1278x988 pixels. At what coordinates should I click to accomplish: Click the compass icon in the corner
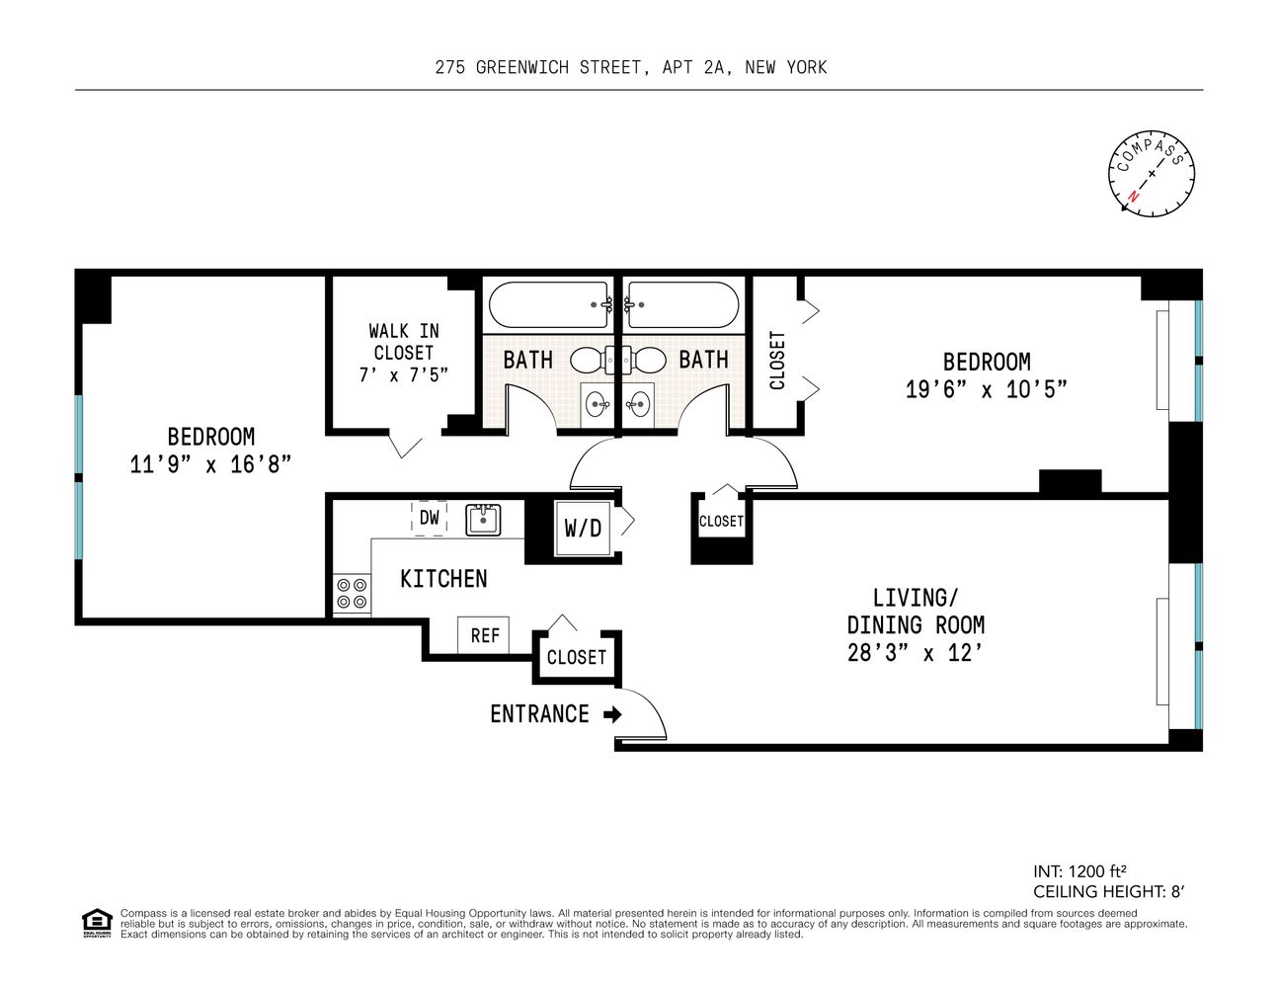click(1151, 173)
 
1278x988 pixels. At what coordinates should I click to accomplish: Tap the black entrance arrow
click(612, 714)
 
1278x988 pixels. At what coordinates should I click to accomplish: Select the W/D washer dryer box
click(583, 529)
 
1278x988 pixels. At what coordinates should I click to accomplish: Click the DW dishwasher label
click(430, 518)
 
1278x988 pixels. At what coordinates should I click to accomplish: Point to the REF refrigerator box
click(484, 635)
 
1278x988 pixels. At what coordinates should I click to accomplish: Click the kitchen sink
click(483, 519)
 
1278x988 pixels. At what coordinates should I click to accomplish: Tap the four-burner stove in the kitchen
click(351, 592)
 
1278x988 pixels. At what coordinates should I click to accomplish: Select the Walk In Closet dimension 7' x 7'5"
click(403, 374)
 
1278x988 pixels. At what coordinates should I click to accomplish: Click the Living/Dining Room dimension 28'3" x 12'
click(915, 653)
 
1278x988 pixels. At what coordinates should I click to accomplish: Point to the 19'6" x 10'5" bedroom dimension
click(986, 389)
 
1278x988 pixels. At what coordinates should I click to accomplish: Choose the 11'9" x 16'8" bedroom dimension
click(210, 463)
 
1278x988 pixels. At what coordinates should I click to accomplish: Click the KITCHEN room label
click(443, 579)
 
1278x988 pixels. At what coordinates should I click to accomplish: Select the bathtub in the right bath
click(682, 305)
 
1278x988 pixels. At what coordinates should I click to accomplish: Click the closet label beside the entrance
click(576, 657)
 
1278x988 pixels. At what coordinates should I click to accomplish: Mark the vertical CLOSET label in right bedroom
click(777, 360)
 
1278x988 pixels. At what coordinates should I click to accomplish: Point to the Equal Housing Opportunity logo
click(96, 922)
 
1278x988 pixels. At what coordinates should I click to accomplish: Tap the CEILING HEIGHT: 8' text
click(1107, 891)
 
